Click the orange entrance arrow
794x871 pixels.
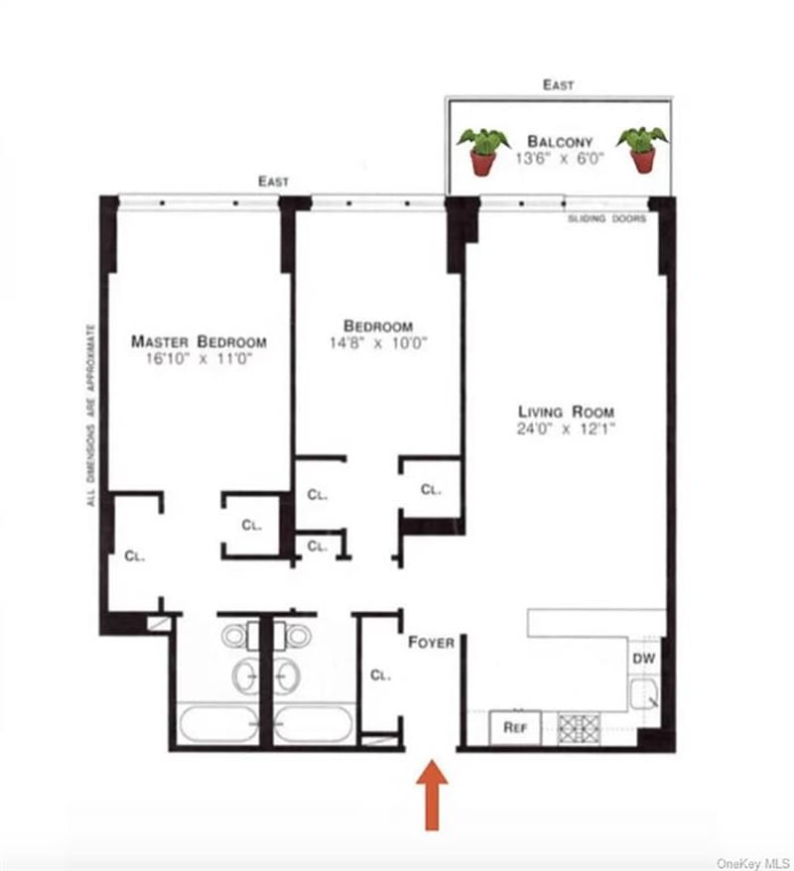coord(432,795)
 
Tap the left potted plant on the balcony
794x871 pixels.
coord(482,152)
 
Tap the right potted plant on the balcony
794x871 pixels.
coord(643,150)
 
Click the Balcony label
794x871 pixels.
coord(560,142)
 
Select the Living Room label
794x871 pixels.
coord(566,412)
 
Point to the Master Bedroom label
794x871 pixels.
coord(198,341)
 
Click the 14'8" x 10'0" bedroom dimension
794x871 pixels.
coord(378,342)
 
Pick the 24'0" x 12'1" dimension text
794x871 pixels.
coord(566,429)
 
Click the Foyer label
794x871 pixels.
coord(431,643)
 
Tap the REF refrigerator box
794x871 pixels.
coord(515,728)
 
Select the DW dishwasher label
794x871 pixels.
coord(644,659)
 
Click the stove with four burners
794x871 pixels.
coord(579,729)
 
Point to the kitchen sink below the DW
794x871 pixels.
coord(644,693)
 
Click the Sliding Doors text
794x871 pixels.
coord(606,219)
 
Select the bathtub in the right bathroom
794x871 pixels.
coord(314,723)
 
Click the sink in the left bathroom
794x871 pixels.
coord(245,676)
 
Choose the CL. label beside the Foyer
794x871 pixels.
coord(380,676)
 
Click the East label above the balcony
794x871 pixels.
coord(559,85)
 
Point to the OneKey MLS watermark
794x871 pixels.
coord(753,863)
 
